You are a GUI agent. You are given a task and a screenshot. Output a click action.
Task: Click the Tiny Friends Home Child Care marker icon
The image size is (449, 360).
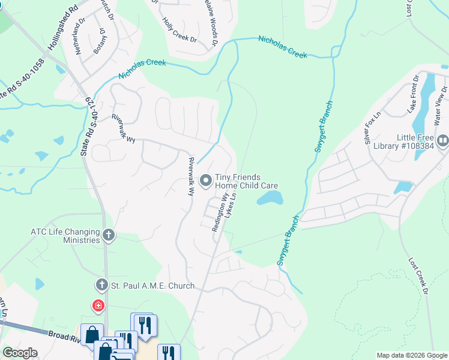point(205,180)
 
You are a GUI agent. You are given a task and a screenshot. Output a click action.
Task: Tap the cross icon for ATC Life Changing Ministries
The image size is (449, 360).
point(108,235)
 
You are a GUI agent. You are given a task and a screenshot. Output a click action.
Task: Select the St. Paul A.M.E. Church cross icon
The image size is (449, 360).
point(101,286)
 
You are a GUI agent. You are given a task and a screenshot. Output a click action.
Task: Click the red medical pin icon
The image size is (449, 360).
point(97,306)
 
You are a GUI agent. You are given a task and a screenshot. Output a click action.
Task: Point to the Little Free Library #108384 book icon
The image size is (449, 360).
point(442,140)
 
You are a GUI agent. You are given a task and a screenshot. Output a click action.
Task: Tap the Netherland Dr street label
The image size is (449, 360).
point(78,40)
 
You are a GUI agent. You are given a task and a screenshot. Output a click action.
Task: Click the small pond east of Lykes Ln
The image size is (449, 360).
point(270,198)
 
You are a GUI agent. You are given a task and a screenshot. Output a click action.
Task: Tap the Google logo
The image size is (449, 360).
point(20,353)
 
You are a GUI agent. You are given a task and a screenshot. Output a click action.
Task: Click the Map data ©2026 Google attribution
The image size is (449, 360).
point(412,355)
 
